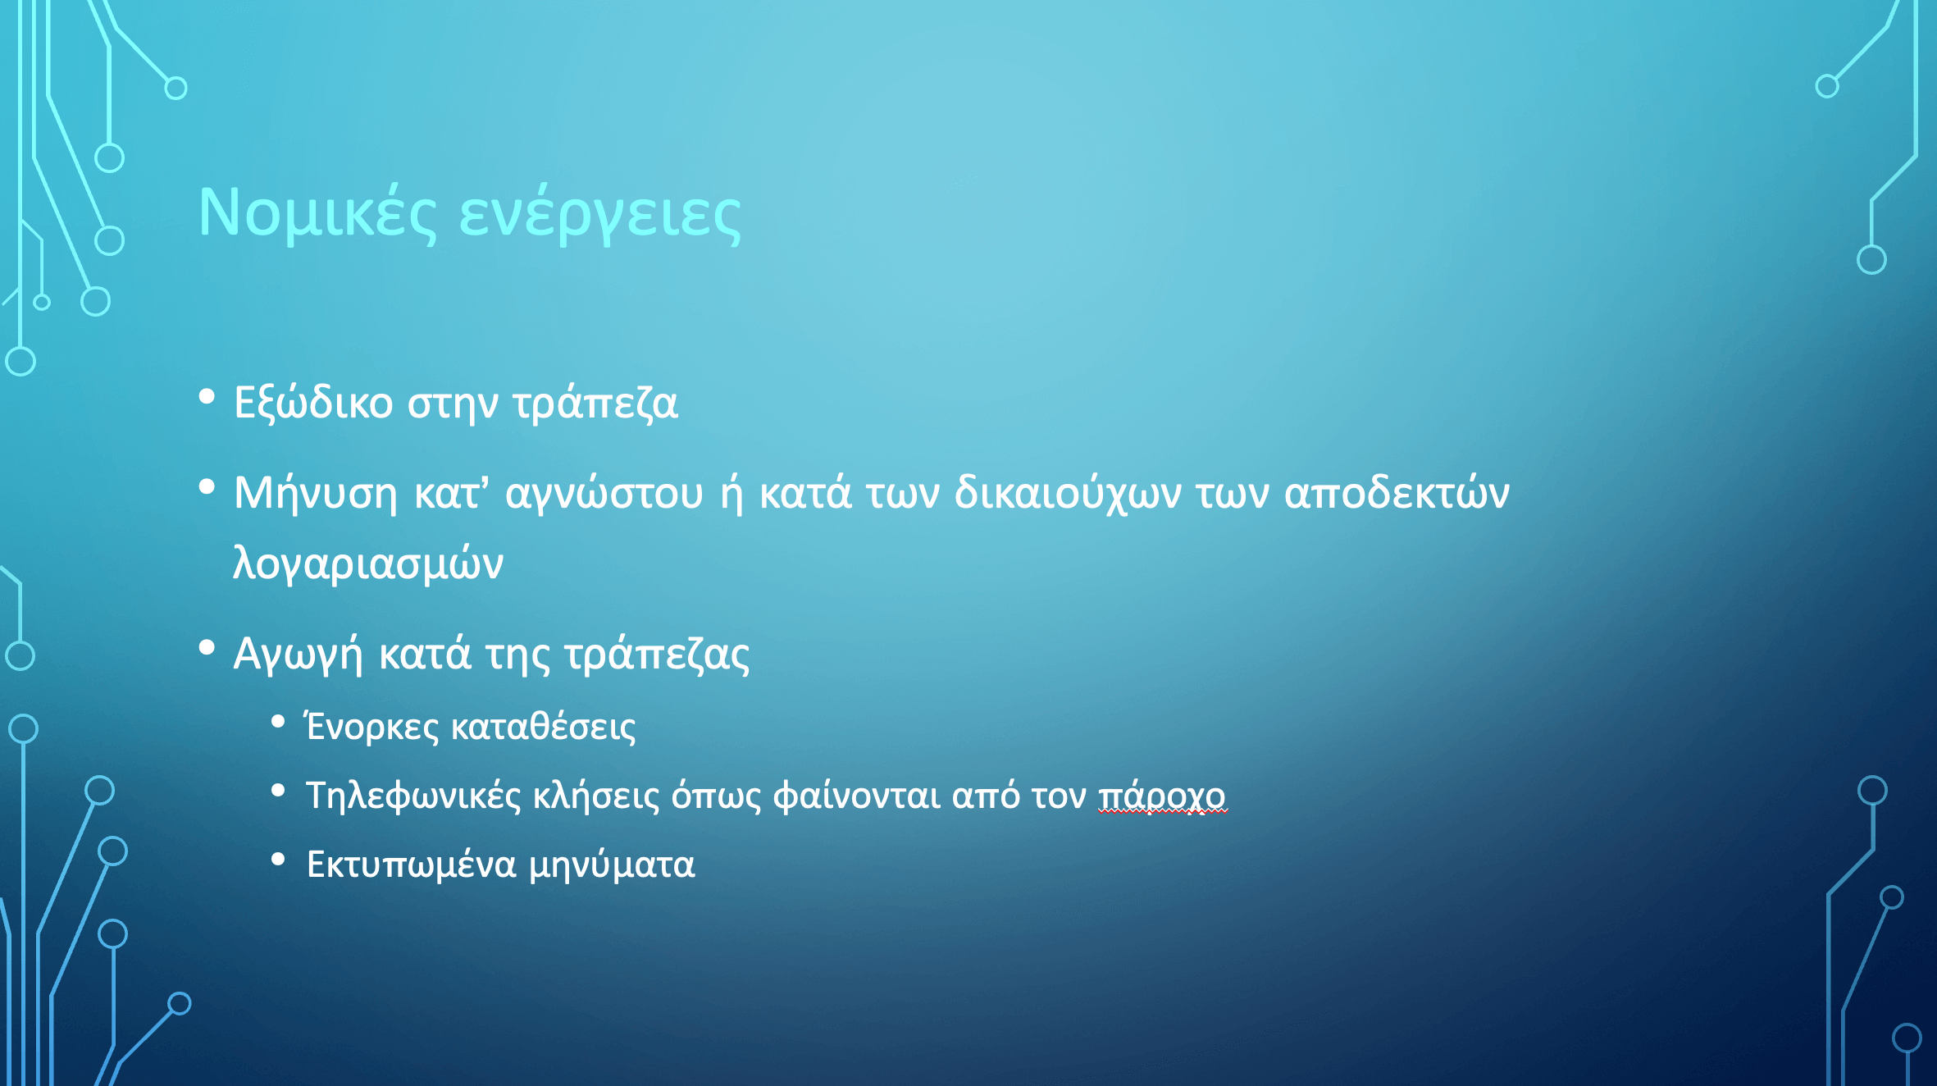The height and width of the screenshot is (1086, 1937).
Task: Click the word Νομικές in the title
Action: click(317, 214)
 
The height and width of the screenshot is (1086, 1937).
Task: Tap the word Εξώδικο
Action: click(313, 403)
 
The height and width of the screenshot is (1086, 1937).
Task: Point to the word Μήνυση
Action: click(316, 494)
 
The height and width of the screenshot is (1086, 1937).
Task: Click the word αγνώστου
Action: click(604, 494)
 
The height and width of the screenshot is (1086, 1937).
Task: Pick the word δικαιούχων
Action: click(1068, 494)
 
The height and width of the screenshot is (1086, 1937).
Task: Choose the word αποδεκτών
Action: click(1397, 492)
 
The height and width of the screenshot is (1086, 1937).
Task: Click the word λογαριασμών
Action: click(368, 564)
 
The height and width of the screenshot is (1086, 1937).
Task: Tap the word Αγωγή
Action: click(298, 655)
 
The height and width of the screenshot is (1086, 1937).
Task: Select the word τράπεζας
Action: click(658, 655)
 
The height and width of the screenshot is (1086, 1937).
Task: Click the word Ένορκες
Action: click(372, 727)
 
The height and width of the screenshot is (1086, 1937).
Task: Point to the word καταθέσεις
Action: click(544, 727)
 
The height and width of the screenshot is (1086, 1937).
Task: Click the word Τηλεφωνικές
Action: click(413, 796)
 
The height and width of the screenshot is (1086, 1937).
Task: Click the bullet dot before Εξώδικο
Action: click(207, 398)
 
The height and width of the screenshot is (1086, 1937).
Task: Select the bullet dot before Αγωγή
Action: click(207, 649)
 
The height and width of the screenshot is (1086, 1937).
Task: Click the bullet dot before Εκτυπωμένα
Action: click(278, 859)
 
